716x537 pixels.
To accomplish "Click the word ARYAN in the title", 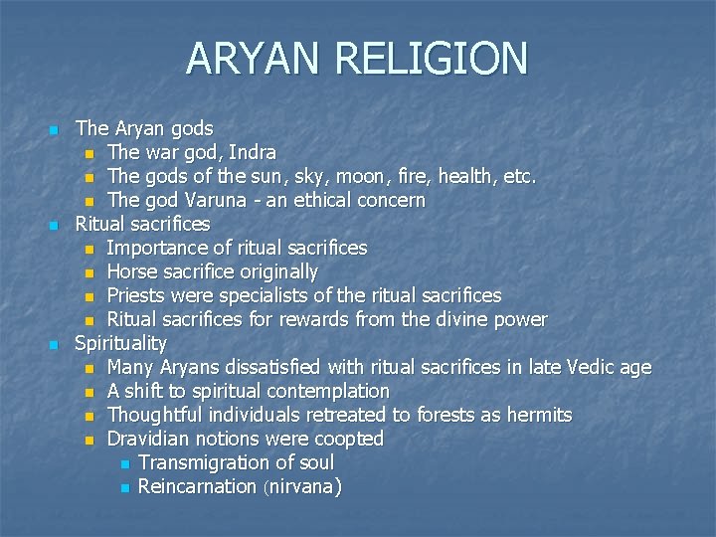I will (255, 58).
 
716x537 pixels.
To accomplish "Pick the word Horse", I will (132, 271).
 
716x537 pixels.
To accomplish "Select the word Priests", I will (138, 295).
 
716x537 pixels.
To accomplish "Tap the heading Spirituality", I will (121, 343).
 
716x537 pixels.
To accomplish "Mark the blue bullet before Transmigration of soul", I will (123, 463).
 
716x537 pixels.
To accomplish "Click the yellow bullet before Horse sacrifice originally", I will (90, 272).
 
